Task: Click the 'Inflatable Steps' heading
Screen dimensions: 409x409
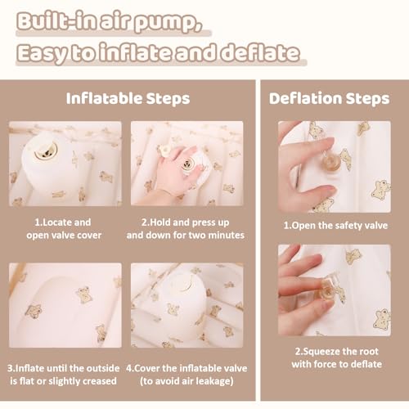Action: [128, 99]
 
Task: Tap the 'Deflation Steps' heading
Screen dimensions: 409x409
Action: [330, 98]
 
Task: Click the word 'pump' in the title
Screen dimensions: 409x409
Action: [169, 24]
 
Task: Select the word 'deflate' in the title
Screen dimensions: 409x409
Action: [260, 52]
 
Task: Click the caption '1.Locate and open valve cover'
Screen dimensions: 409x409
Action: [63, 229]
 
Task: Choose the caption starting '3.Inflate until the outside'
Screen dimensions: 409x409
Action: [63, 375]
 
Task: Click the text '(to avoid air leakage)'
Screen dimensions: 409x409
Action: [187, 381]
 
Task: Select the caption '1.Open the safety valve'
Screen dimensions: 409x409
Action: [335, 226]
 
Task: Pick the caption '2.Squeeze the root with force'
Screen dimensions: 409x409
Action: [336, 357]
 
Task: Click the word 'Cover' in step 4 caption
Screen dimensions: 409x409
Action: [147, 368]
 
